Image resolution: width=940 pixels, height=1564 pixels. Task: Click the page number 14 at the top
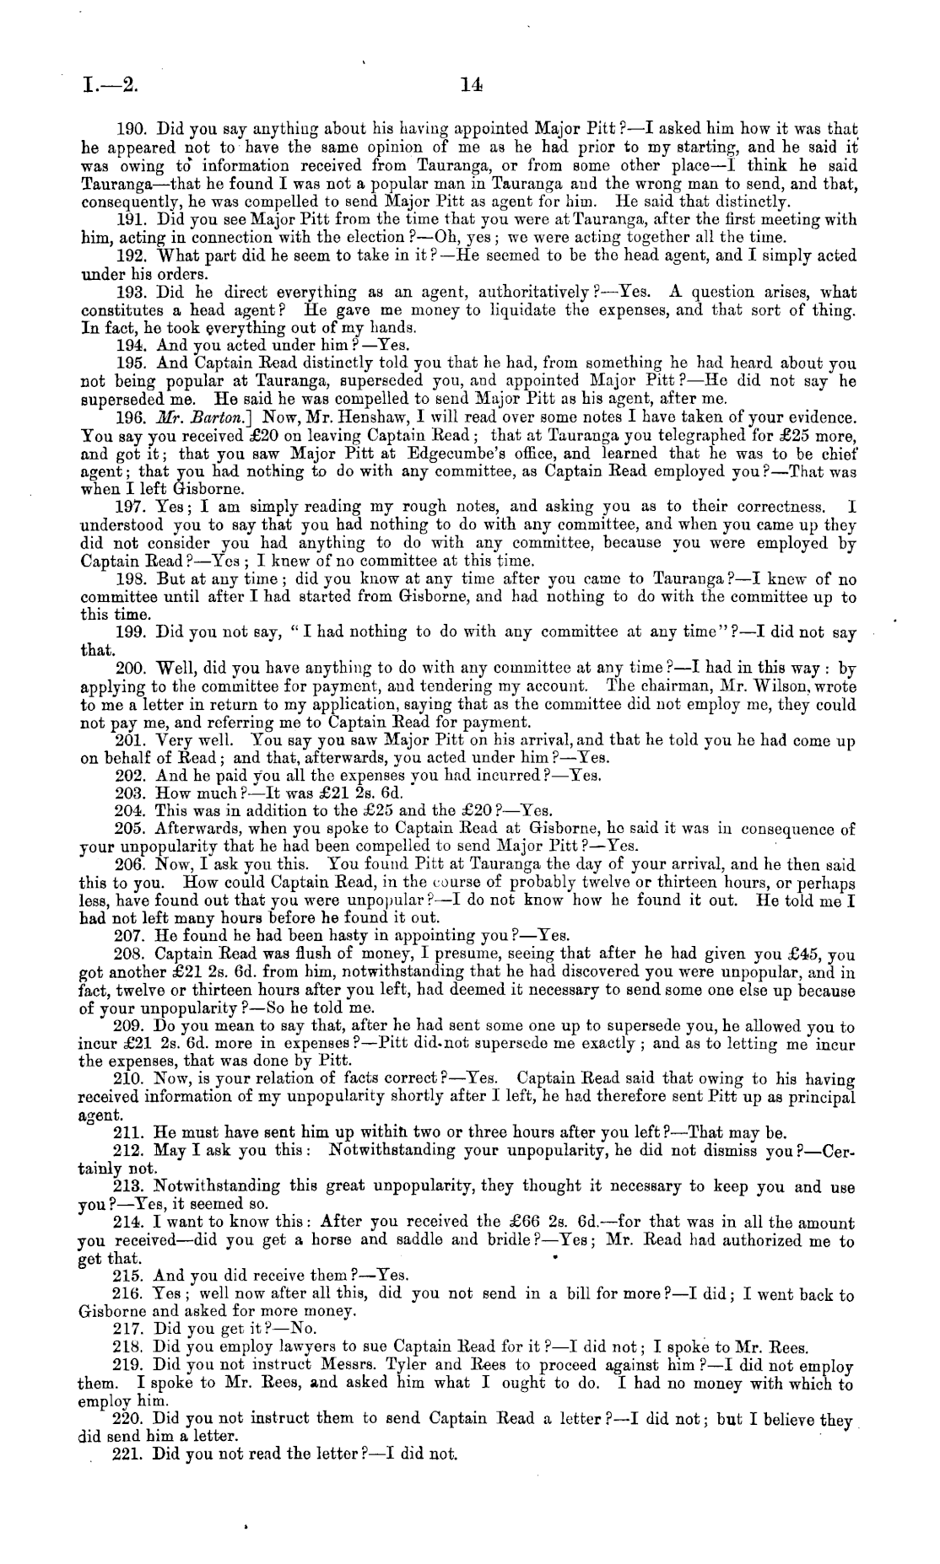tap(470, 84)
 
